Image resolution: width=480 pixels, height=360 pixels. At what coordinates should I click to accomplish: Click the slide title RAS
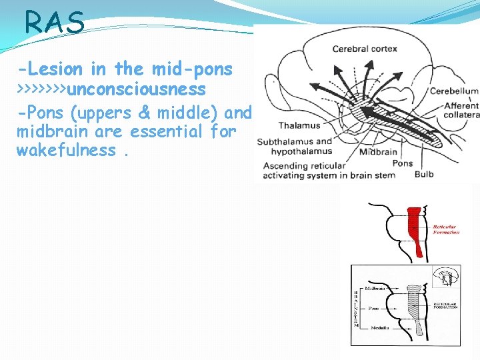(x=55, y=23)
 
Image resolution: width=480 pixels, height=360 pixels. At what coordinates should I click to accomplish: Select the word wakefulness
(x=66, y=150)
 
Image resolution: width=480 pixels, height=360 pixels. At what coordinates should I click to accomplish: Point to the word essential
(x=167, y=131)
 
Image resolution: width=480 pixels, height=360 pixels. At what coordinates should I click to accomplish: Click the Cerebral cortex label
(x=365, y=49)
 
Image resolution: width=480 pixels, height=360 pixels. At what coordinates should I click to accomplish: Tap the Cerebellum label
(x=454, y=91)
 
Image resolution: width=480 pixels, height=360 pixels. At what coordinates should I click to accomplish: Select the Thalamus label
(x=299, y=125)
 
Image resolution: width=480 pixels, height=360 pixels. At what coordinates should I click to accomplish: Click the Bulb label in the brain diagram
(x=424, y=174)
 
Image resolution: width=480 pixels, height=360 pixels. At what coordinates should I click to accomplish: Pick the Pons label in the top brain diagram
(x=402, y=163)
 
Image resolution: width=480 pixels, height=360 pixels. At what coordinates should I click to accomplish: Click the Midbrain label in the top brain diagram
(x=378, y=153)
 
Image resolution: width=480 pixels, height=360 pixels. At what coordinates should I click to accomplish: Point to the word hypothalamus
(x=296, y=152)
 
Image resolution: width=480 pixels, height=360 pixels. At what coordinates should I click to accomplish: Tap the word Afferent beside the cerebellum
(x=461, y=105)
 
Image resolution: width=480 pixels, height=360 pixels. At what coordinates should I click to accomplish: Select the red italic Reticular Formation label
(x=446, y=229)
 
